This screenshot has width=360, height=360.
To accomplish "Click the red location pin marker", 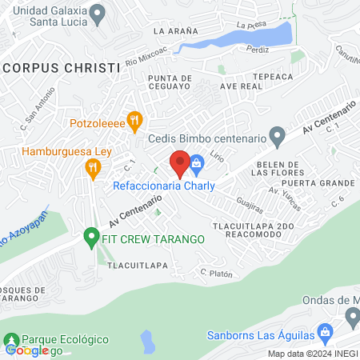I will click(180, 164).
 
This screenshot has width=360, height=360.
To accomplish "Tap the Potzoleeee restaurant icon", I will click(137, 122).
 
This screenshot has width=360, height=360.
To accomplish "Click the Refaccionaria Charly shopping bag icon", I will click(197, 163).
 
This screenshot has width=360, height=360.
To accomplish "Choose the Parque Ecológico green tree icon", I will click(11, 339).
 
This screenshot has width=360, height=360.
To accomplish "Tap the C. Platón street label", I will click(216, 274).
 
